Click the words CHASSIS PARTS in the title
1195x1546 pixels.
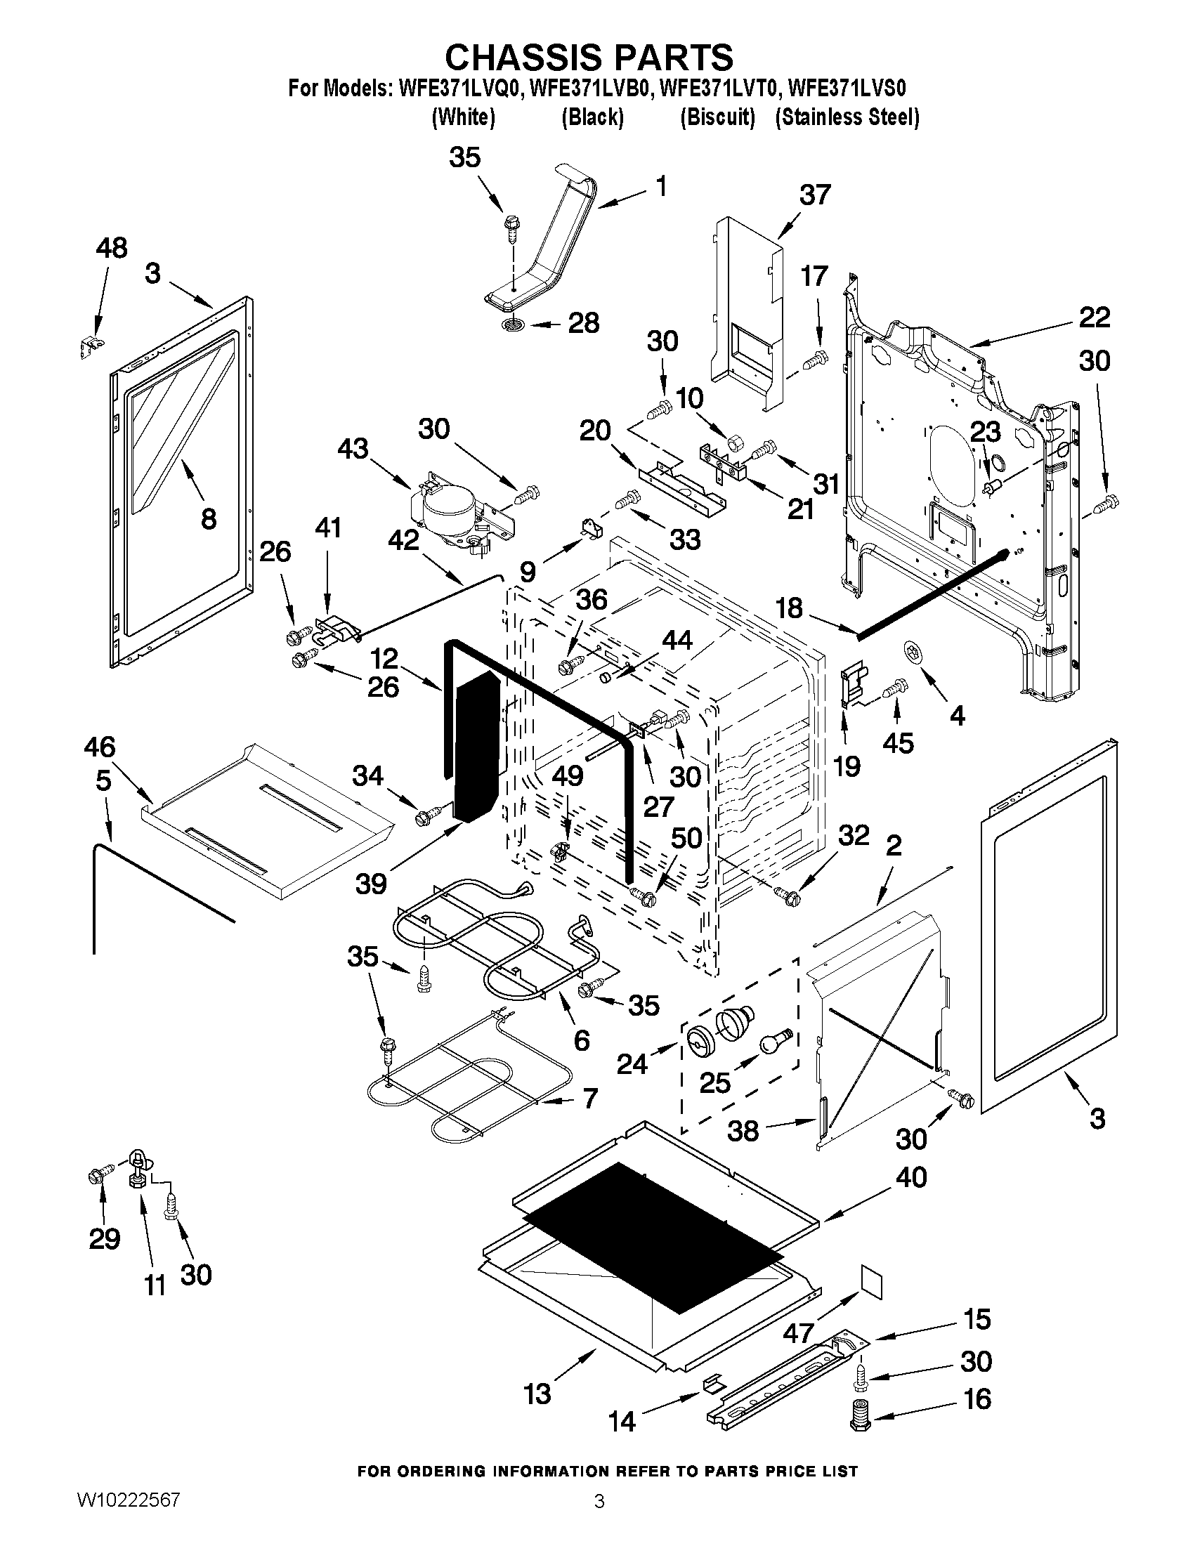point(589,57)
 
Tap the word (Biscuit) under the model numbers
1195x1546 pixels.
point(717,117)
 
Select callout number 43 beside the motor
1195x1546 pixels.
point(353,448)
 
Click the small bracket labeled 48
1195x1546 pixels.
point(89,346)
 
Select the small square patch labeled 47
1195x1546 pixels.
point(872,1282)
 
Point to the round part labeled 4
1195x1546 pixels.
point(913,650)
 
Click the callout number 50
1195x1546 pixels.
point(685,838)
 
